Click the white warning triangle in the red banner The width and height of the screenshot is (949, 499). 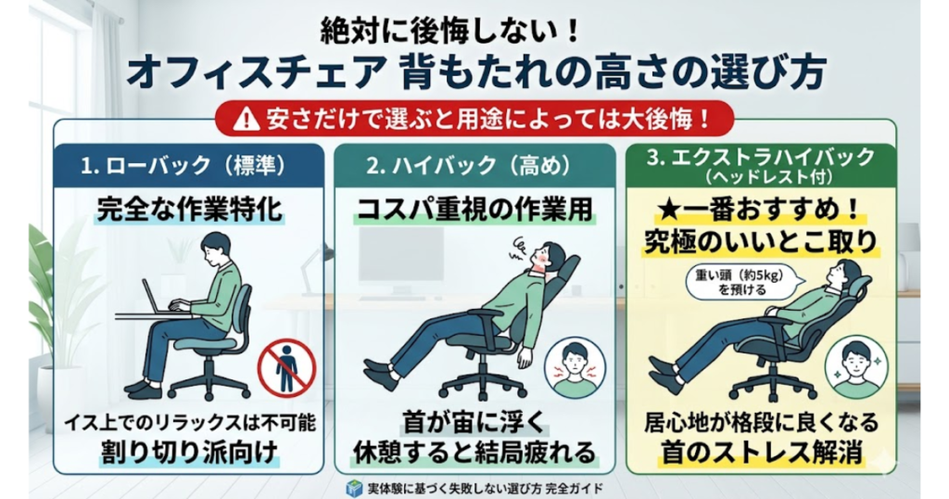pos(247,119)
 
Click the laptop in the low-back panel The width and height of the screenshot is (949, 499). pos(156,299)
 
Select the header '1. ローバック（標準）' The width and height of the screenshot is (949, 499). pos(184,165)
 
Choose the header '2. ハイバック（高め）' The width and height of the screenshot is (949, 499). pos(469,165)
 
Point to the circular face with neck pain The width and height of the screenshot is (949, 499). pos(575,368)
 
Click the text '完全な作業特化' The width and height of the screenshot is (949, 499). pos(190,210)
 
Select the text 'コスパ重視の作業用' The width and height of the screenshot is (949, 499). pos(474,210)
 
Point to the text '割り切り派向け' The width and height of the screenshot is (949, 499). pos(190,452)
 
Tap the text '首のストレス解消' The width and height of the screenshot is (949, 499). pos(761,452)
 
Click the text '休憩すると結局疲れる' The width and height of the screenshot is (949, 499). pos(474,452)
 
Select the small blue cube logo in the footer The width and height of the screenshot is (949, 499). pos(353,488)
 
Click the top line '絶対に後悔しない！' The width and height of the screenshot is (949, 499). pos(451,31)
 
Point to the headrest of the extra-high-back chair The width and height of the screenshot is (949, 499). pos(861,286)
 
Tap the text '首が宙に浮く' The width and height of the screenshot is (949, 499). pos(474,421)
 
